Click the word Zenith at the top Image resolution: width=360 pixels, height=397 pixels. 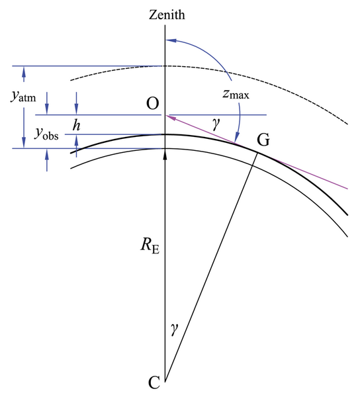167,15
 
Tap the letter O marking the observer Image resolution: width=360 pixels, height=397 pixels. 153,104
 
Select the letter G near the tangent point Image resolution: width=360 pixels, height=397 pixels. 263,140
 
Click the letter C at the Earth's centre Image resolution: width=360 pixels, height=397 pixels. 154,382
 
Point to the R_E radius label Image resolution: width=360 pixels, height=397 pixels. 150,245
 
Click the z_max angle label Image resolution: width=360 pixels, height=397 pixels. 236,94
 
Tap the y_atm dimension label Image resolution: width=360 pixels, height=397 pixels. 23,96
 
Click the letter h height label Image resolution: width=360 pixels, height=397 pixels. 76,125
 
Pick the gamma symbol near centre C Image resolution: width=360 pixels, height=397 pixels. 175,329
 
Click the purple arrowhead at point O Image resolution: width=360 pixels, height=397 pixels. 170,117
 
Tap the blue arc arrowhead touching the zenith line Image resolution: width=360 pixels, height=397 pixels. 170,40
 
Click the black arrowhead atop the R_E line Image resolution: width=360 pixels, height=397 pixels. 165,154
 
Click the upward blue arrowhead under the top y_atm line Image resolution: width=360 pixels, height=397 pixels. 24,71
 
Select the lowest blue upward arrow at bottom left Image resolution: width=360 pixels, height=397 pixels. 47,160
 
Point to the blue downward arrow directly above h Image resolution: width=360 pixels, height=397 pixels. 77,103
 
